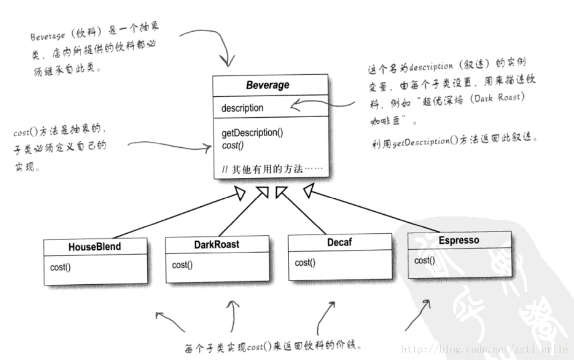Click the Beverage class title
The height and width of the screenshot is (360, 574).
[268, 85]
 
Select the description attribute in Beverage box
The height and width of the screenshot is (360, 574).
[242, 108]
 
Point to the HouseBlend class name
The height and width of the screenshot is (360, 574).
[95, 247]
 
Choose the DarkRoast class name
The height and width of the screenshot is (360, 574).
[216, 244]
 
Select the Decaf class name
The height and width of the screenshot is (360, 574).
[339, 242]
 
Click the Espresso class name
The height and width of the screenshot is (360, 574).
[458, 240]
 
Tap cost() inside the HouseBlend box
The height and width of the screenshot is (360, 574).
[60, 267]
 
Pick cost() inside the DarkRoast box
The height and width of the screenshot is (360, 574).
[182, 265]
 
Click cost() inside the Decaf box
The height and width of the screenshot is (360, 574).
[305, 263]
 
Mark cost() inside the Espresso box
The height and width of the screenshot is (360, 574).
[425, 261]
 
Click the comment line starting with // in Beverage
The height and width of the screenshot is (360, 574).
[272, 170]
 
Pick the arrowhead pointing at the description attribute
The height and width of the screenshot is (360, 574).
[294, 106]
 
